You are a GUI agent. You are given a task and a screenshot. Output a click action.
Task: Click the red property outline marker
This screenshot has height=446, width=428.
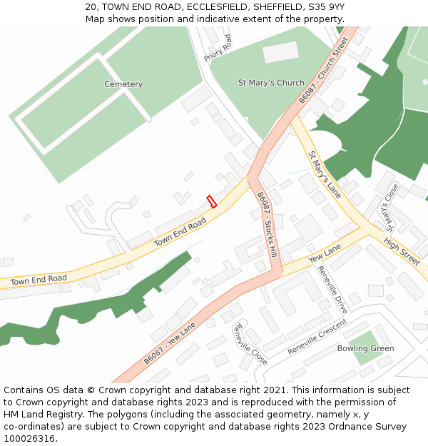[x=211, y=201]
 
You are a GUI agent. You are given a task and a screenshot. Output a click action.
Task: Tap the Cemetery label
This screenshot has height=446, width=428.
[x=123, y=84]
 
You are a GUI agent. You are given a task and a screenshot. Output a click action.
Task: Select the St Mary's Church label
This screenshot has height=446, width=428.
[x=271, y=83]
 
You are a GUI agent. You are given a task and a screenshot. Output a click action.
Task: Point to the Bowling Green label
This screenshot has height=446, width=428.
[x=366, y=348]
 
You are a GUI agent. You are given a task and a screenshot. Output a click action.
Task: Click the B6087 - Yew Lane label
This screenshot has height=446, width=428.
[x=170, y=344]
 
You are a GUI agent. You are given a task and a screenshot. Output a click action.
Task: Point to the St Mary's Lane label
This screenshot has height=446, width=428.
[x=325, y=174]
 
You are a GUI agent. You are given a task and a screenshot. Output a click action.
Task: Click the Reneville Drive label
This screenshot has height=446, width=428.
[x=332, y=289]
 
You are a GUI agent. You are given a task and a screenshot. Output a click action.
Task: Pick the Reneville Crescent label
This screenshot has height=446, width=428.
[x=317, y=338]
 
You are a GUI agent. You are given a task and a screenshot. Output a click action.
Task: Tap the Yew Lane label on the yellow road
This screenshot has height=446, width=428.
[x=324, y=252]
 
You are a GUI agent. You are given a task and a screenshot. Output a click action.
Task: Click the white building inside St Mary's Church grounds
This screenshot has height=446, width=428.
[x=280, y=51]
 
